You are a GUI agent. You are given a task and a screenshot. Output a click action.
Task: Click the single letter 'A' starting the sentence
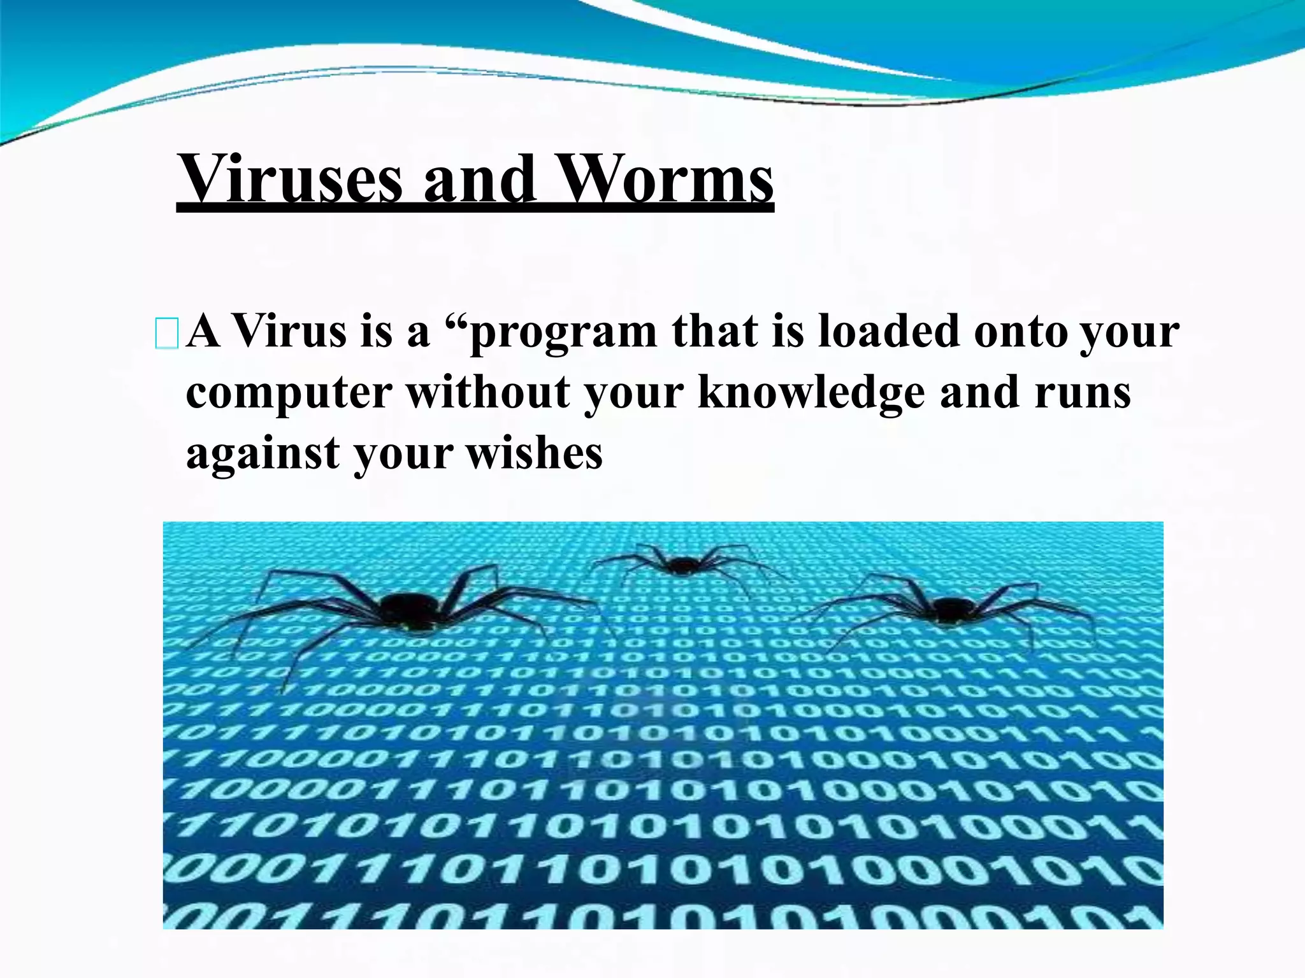pyautogui.click(x=203, y=332)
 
